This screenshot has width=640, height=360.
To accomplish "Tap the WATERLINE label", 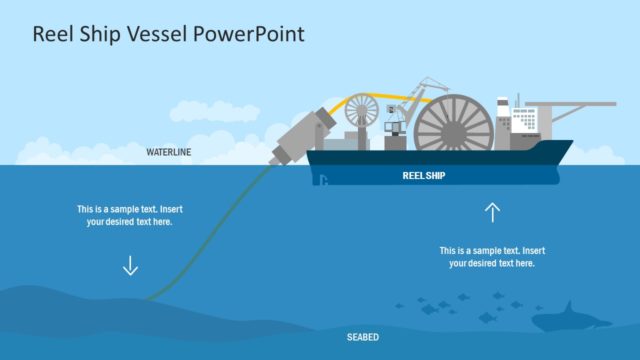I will [x=168, y=153].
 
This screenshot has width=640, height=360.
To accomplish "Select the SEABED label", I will [x=363, y=338].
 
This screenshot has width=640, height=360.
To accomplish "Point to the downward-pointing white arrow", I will [x=130, y=265].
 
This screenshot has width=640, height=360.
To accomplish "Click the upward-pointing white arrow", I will [x=491, y=211].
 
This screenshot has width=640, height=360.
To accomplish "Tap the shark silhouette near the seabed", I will [x=568, y=318].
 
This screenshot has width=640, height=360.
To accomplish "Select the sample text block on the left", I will [x=130, y=215].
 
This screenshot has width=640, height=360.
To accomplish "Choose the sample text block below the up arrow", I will [x=491, y=256].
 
